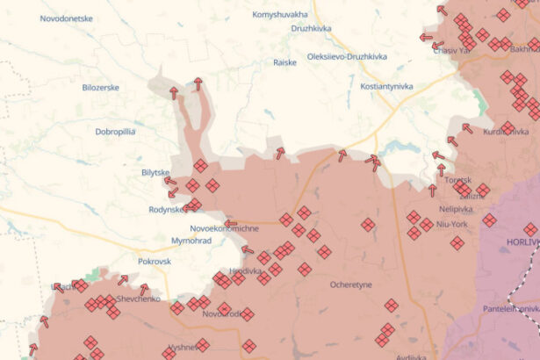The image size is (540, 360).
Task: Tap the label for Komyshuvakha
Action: [280, 15]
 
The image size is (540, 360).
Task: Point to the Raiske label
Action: [284, 62]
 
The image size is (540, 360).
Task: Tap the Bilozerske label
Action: [100, 88]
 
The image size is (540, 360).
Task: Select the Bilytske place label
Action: [156, 173]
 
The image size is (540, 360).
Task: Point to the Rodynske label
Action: [168, 209]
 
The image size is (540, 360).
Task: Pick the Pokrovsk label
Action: [155, 262]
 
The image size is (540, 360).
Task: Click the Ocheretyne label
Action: [351, 284]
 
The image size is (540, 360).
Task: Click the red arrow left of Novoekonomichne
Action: [230, 223]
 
